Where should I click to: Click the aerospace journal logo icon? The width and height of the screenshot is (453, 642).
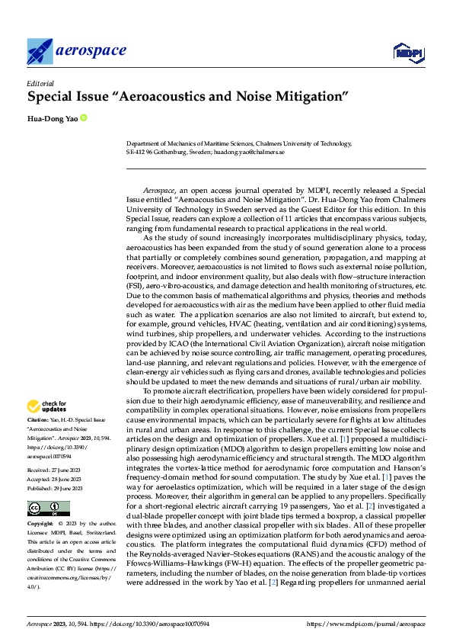click(x=40, y=52)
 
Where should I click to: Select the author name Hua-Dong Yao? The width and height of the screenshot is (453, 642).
click(x=52, y=118)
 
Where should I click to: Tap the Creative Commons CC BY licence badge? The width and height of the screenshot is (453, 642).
click(x=48, y=487)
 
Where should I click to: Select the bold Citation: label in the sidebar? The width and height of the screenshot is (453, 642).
click(x=39, y=420)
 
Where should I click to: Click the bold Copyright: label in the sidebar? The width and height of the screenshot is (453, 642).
click(x=41, y=504)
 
